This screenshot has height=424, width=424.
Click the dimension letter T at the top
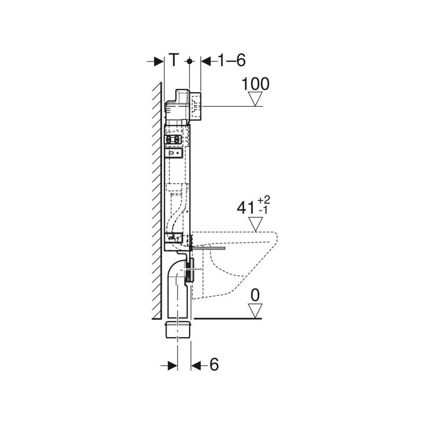(174, 60)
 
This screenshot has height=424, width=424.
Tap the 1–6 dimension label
(232, 60)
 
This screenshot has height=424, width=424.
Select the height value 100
(255, 84)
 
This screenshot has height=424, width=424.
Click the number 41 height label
(245, 208)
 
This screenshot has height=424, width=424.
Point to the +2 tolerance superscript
(263, 200)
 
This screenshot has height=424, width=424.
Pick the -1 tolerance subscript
(263, 210)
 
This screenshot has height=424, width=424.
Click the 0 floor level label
(255, 295)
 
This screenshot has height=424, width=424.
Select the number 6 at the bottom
(214, 365)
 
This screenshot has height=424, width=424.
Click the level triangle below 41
(255, 224)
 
